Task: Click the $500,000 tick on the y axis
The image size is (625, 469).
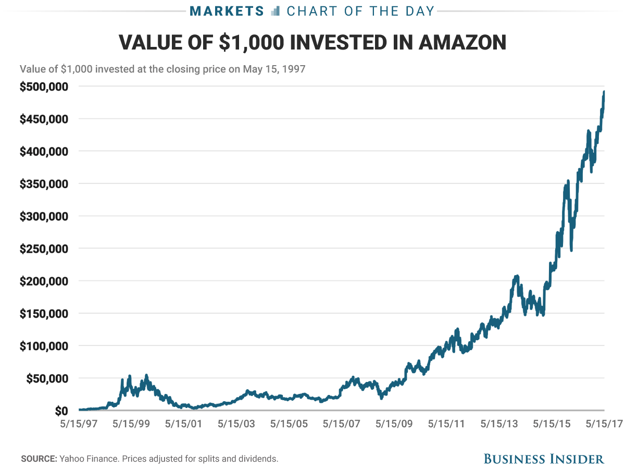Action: tap(43, 87)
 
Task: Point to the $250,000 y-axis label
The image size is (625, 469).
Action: tap(43, 249)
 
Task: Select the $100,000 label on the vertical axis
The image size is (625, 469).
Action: tap(43, 346)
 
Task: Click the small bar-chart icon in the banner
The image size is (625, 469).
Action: tap(276, 10)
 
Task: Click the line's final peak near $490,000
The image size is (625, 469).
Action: tap(604, 92)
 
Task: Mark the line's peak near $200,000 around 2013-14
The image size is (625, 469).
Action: tap(516, 276)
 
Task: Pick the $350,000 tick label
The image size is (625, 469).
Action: tap(43, 184)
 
